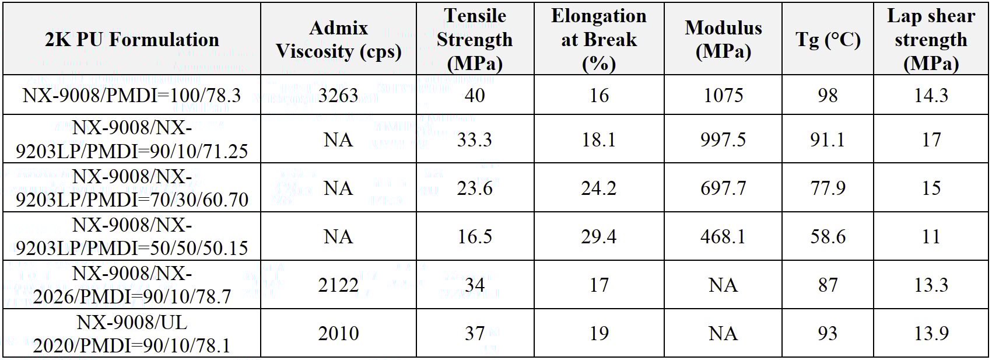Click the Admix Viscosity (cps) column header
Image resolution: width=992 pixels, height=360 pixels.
(x=338, y=40)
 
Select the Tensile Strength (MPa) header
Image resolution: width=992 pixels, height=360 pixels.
(x=475, y=40)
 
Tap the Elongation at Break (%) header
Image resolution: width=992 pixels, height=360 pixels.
(x=599, y=40)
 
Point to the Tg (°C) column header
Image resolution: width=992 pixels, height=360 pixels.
(x=828, y=40)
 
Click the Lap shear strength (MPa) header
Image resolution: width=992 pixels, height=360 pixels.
(x=931, y=40)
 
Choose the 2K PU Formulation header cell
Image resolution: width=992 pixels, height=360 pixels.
(x=132, y=40)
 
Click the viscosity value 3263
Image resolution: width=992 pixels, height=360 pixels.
(x=338, y=95)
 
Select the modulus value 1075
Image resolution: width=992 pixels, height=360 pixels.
(x=723, y=95)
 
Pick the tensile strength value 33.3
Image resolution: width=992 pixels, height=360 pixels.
(x=475, y=140)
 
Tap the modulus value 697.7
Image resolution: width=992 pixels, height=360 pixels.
(x=723, y=188)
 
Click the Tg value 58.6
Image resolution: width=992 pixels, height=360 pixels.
(x=828, y=237)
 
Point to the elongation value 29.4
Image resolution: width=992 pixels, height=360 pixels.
(x=599, y=237)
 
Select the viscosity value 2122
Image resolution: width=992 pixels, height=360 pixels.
(x=338, y=285)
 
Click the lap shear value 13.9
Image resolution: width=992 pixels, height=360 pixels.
(x=931, y=334)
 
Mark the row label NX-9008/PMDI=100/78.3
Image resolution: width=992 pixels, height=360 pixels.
(x=132, y=95)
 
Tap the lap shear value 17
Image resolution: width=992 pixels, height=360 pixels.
(x=931, y=140)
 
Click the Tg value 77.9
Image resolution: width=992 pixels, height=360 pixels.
(x=828, y=188)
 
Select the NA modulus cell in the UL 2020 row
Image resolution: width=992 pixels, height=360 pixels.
(x=723, y=334)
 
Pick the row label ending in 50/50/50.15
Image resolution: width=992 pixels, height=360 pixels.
(x=132, y=237)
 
